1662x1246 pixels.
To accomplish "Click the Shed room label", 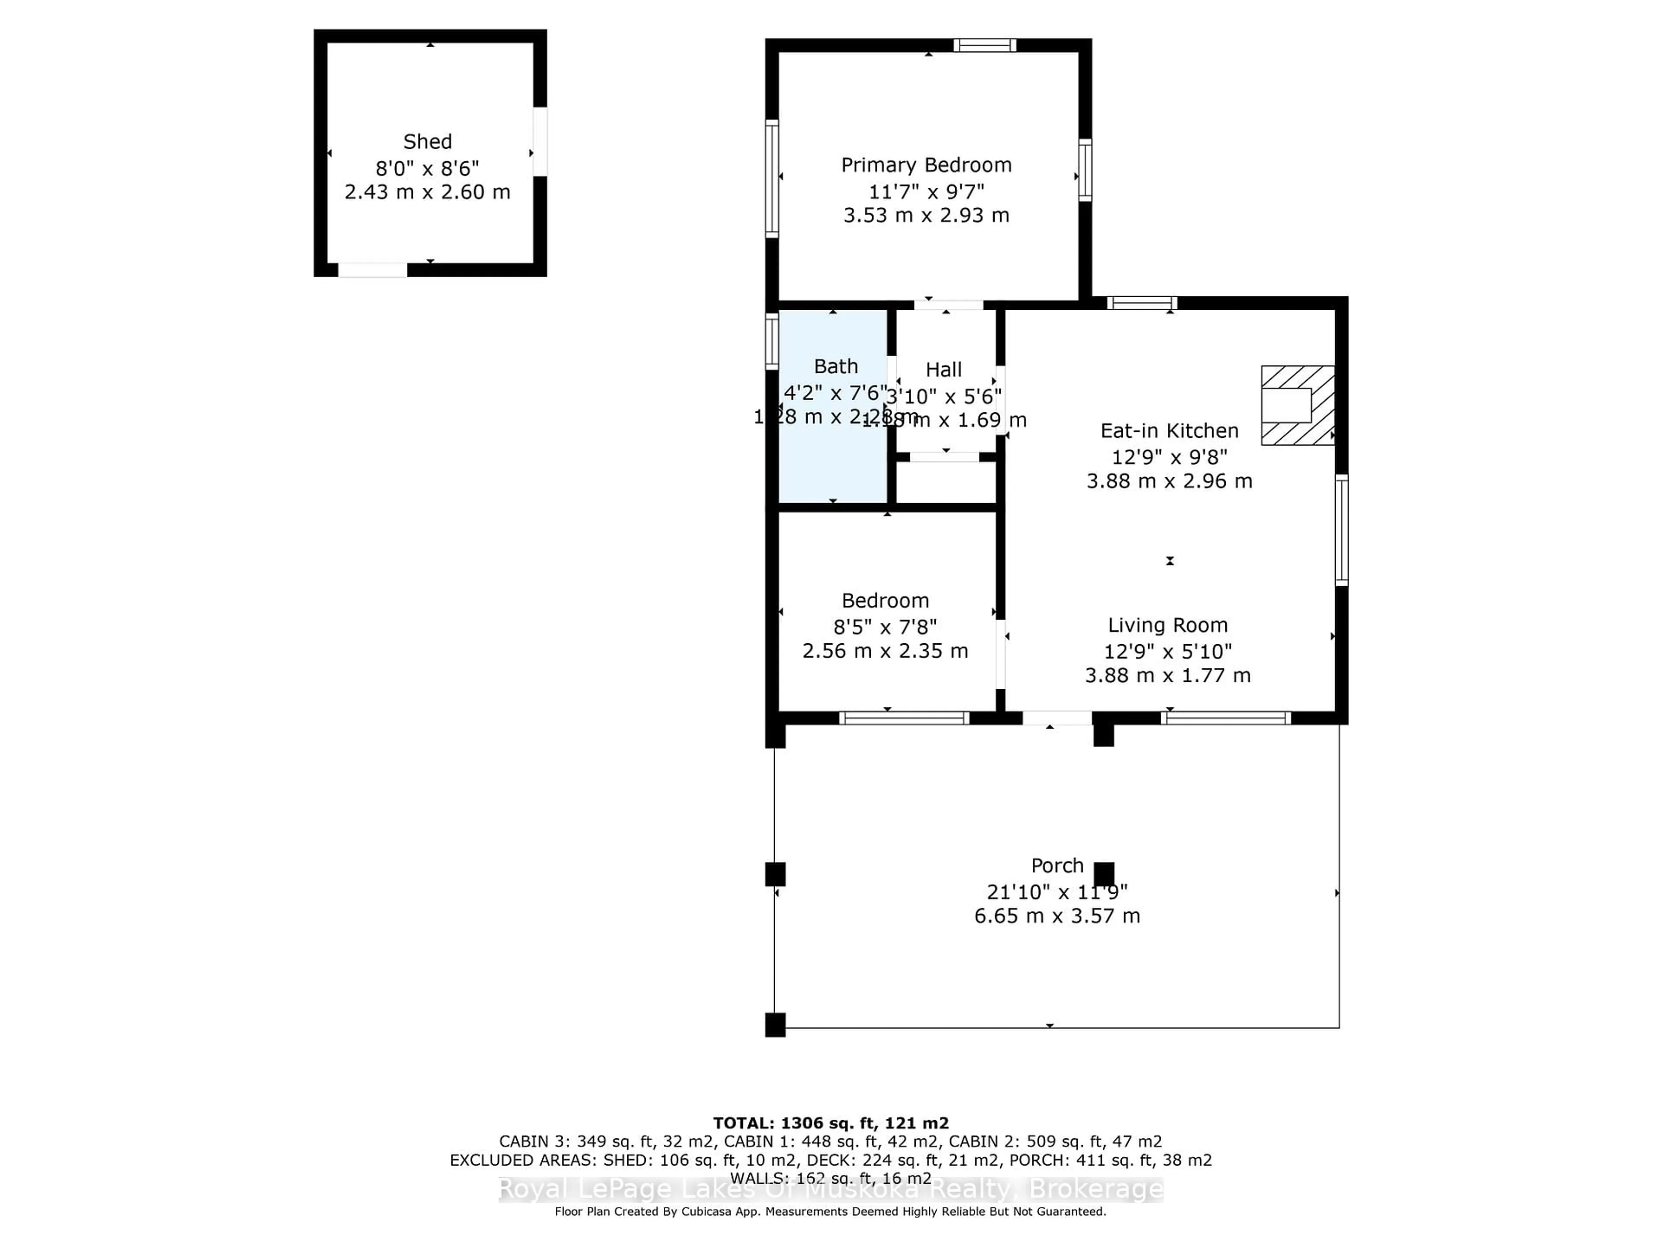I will pyautogui.click(x=428, y=142).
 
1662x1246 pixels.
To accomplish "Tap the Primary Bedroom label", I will pyautogui.click(x=926, y=165).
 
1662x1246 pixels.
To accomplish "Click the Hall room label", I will pyautogui.click(x=943, y=369).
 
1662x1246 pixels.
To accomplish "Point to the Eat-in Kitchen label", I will pyautogui.click(x=1169, y=431).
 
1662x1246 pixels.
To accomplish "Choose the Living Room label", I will pyautogui.click(x=1168, y=626).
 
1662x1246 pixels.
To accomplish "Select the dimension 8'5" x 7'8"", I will pyautogui.click(x=885, y=626).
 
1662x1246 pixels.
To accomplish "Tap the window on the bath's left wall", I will pyautogui.click(x=772, y=342).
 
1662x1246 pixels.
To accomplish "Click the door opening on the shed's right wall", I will pyautogui.click(x=539, y=142).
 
